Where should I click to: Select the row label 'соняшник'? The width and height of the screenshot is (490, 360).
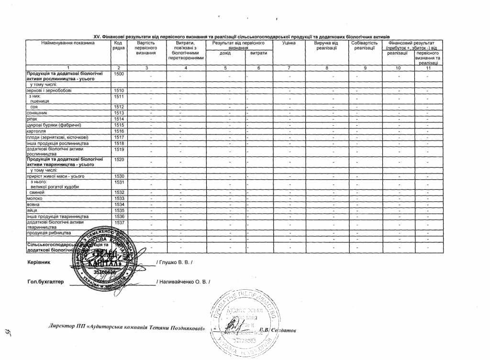click(37, 113)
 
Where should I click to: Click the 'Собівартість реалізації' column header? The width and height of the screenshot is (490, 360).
click(364, 45)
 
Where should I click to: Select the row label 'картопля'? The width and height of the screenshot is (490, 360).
click(37, 131)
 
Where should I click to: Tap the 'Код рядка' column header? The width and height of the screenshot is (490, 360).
click(119, 45)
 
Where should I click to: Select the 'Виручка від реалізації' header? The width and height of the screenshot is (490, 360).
click(326, 45)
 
